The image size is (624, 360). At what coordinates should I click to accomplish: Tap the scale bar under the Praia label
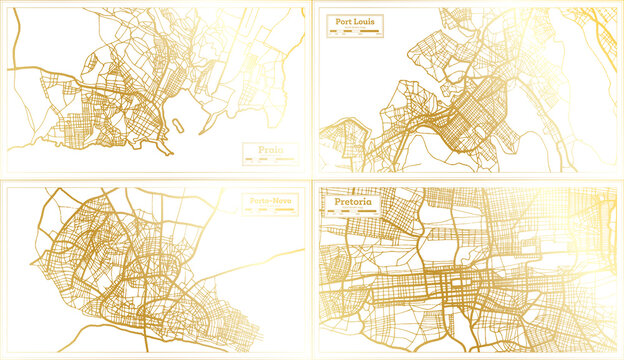(264, 160)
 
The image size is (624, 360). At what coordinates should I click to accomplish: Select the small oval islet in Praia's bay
(177, 125)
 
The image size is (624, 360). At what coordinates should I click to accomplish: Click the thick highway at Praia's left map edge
(12, 71)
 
